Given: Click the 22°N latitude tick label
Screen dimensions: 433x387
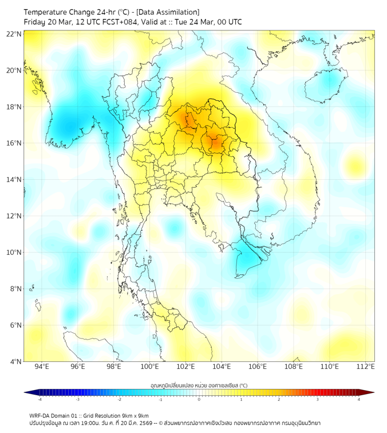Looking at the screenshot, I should [14, 34].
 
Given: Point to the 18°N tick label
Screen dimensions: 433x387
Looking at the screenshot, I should [14, 107].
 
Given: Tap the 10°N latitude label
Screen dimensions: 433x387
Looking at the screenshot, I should [14, 253].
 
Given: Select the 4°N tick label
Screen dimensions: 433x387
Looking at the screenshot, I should [15, 361].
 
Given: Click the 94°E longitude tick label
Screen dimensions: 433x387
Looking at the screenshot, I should [42, 367].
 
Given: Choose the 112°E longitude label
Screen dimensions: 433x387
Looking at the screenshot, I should [366, 367].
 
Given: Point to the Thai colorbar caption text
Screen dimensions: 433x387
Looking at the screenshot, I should [199, 385].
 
